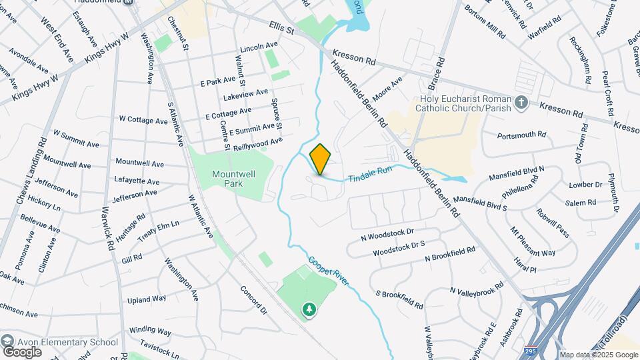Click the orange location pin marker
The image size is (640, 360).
(320, 159)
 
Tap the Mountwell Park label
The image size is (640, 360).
(230, 178)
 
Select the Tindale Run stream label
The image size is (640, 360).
(369, 174)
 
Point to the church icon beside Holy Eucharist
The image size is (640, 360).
(523, 102)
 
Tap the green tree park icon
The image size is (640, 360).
(309, 309)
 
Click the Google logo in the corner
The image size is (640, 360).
(21, 351)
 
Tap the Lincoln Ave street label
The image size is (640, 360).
(258, 47)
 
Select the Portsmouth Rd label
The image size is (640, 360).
(523, 135)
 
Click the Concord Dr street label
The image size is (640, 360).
(253, 301)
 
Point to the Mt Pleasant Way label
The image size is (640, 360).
(533, 242)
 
